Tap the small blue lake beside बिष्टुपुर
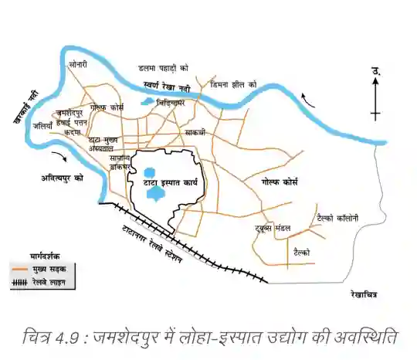pos(147,100)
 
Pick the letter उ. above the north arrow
pos(376,71)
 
